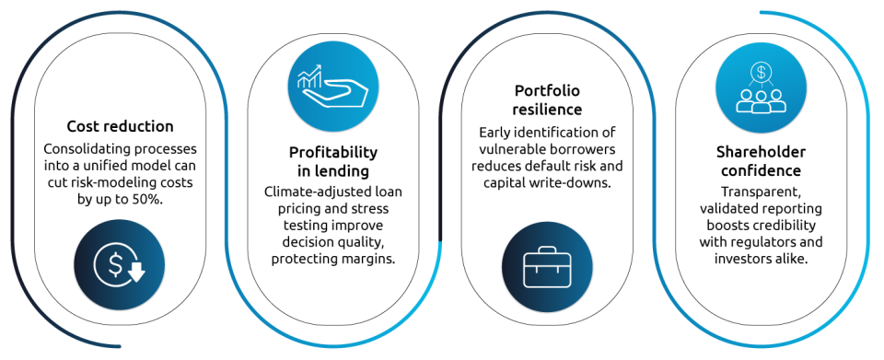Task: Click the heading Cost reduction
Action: [120, 126]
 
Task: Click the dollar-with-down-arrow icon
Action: [120, 264]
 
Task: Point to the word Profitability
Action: [333, 153]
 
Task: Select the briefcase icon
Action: [547, 266]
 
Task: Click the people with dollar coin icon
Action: [762, 88]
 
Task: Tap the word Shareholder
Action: [762, 152]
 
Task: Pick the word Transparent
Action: [762, 192]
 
